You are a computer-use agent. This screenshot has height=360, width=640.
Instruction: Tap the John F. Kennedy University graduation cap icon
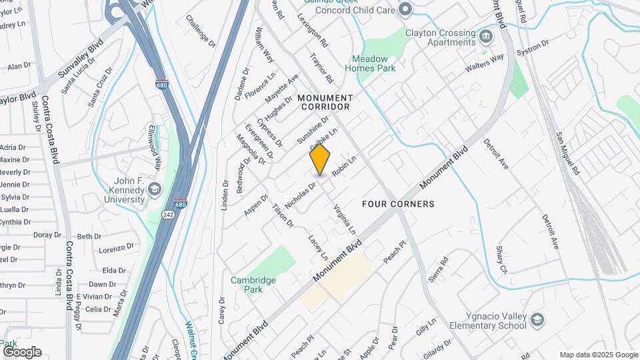point(155,189)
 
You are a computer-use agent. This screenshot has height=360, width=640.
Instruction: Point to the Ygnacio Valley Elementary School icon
point(537,321)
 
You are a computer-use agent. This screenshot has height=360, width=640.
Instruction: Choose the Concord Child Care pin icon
point(405,9)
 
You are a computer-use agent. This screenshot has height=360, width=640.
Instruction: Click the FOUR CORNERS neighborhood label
point(398,204)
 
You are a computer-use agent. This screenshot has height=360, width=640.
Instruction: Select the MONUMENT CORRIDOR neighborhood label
point(326,102)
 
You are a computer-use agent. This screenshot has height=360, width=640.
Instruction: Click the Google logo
point(22,351)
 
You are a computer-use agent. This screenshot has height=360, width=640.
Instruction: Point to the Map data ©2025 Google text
point(598,355)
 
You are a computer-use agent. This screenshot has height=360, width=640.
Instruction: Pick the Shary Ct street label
point(501,259)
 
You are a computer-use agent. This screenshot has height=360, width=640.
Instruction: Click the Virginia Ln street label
point(344,219)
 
